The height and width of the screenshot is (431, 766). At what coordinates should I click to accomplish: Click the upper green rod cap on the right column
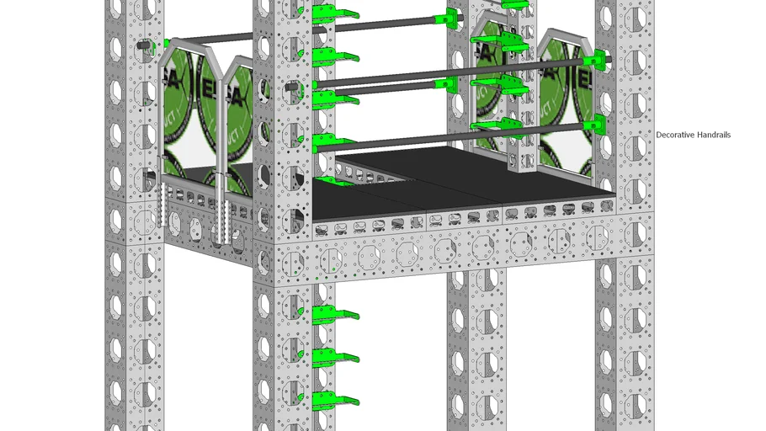[x=600, y=60]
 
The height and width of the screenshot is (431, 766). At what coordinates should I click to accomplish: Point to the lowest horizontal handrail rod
[x=421, y=137]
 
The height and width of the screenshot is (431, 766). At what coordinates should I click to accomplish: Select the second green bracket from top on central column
[x=334, y=57]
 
